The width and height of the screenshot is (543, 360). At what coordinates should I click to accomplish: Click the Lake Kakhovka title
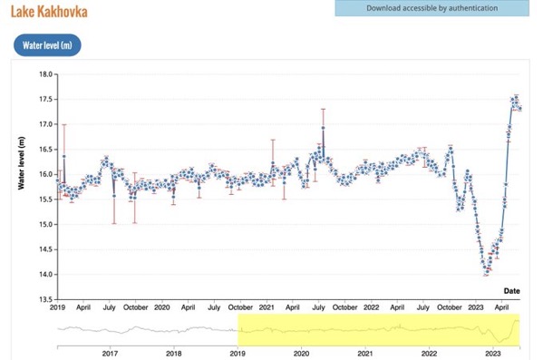49,12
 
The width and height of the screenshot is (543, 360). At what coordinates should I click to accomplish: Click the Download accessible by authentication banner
431,8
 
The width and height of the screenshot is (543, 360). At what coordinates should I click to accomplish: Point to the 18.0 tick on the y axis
45,74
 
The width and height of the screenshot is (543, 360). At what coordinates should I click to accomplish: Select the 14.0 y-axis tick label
45,275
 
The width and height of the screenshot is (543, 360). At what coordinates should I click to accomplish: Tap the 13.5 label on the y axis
45,300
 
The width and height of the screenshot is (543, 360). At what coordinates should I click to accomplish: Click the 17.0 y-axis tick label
45,124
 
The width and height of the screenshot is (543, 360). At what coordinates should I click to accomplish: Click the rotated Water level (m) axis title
22,163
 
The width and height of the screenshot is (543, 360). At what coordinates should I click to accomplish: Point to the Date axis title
511,291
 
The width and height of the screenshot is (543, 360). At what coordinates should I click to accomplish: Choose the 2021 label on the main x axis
267,307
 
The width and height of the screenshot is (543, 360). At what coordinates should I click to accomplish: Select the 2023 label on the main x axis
476,307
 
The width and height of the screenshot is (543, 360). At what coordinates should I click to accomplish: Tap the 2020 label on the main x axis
161,307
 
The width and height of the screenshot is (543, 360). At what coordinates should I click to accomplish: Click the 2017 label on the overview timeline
110,354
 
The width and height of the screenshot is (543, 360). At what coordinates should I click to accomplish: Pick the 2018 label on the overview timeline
173,354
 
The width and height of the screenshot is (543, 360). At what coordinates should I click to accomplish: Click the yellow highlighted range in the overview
379,329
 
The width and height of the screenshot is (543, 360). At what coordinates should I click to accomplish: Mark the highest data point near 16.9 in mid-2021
323,128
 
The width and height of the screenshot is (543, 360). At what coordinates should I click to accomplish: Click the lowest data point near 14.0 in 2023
487,273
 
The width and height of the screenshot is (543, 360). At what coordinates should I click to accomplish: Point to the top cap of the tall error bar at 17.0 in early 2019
64,125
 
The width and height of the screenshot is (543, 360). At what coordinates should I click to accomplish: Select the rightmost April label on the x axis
501,307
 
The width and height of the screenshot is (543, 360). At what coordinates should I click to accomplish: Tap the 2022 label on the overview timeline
429,354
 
